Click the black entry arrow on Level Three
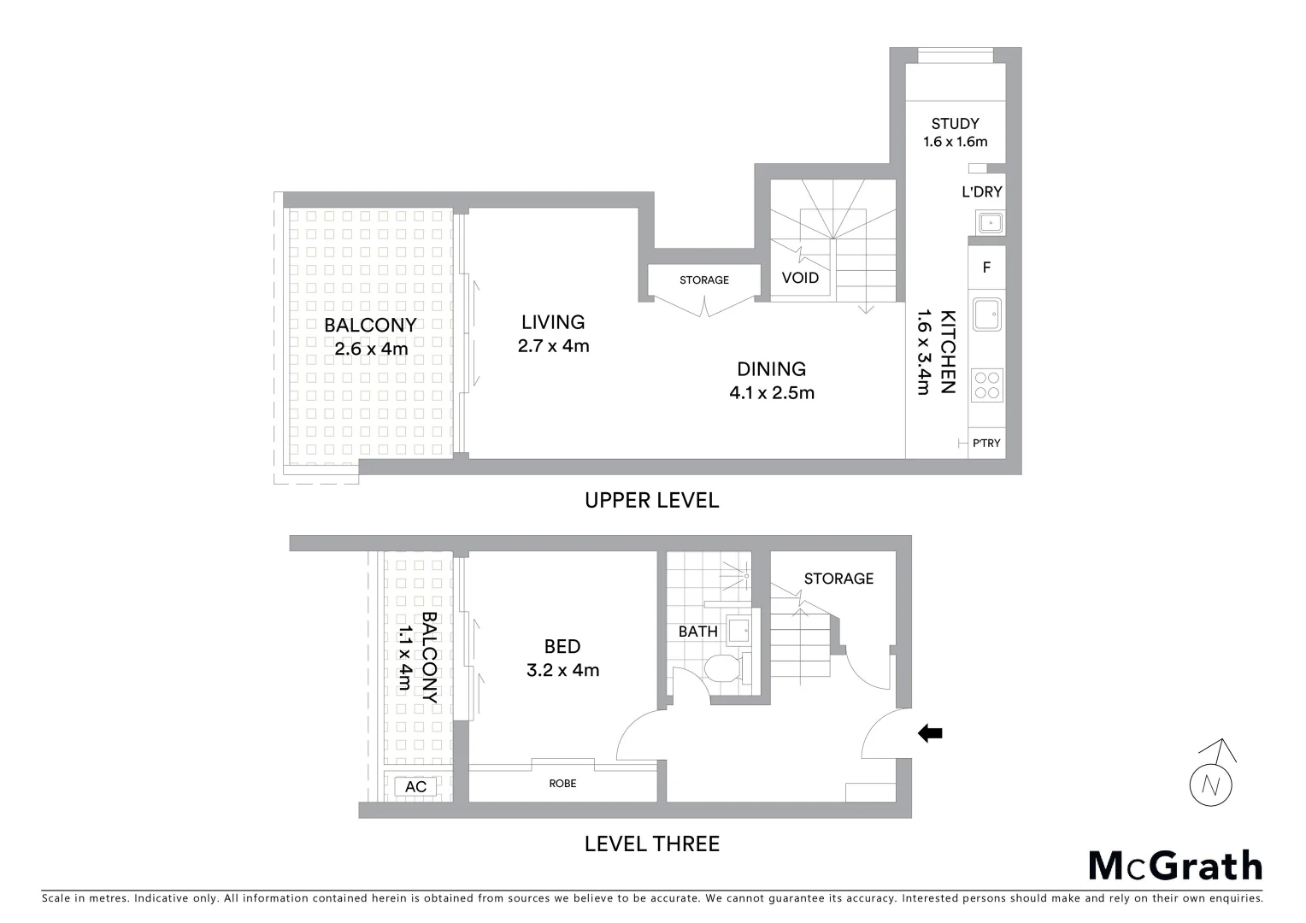tap(930, 733)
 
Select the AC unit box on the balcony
tap(415, 786)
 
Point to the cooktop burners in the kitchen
tap(987, 384)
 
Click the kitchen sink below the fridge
tap(987, 313)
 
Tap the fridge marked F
tap(986, 267)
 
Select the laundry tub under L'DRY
tap(991, 223)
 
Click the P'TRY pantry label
tap(986, 444)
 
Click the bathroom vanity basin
tap(738, 630)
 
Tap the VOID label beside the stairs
tap(800, 278)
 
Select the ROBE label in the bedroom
tap(562, 783)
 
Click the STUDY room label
tap(955, 124)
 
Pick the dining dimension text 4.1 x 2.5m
tap(771, 393)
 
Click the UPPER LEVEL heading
tap(651, 500)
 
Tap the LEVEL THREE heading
tap(651, 844)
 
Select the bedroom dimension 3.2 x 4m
tap(562, 670)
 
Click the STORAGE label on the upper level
tap(704, 280)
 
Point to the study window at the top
tap(956, 56)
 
